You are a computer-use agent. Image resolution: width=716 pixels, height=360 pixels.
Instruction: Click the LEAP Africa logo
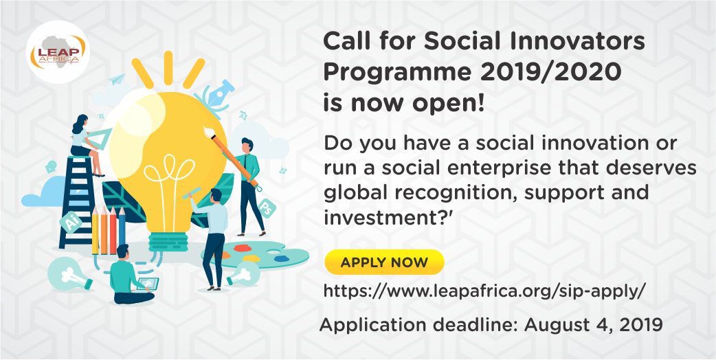coord(58,52)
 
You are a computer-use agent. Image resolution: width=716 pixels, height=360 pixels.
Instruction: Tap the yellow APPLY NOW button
coord(384,262)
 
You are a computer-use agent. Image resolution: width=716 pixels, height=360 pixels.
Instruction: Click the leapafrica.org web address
coord(484,291)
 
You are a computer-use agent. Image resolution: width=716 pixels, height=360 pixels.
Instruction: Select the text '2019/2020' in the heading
coord(550,73)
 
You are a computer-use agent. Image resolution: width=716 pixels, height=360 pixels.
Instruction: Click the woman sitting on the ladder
coord(87,144)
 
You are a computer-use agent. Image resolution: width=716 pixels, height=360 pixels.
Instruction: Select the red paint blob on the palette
coord(242,248)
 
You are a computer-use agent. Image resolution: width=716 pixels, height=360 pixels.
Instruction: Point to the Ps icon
coord(267,208)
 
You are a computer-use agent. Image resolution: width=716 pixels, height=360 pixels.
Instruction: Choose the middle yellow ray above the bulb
coord(168,68)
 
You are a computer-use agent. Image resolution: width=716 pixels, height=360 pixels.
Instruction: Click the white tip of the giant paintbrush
coord(210,133)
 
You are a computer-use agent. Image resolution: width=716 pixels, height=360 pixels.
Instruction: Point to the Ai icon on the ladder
coord(71,223)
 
